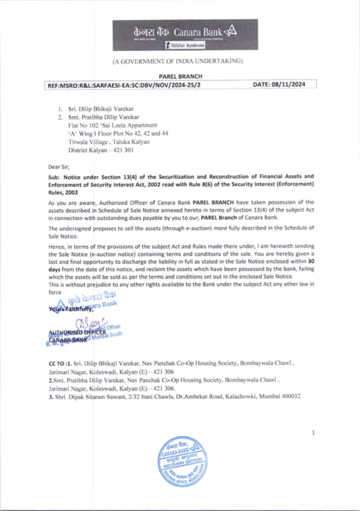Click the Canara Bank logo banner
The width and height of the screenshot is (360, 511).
point(185,35)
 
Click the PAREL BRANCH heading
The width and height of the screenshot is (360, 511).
point(180,76)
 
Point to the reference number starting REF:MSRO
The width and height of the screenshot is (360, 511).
point(124,85)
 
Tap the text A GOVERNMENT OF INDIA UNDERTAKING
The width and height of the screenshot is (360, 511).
point(177,61)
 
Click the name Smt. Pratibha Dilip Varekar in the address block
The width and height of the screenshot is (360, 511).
point(103,117)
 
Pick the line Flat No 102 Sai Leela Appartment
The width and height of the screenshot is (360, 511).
point(113,125)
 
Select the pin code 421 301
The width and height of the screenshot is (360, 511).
point(123,150)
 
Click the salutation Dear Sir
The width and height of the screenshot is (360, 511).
point(59,167)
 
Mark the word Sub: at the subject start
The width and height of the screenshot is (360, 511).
point(54,177)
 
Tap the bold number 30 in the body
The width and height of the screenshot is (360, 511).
point(311,261)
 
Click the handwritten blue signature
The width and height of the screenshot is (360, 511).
point(88,323)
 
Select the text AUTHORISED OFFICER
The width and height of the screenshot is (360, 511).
point(77,332)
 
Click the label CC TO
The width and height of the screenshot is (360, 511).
point(56,363)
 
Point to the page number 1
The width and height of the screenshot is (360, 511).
point(313,432)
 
